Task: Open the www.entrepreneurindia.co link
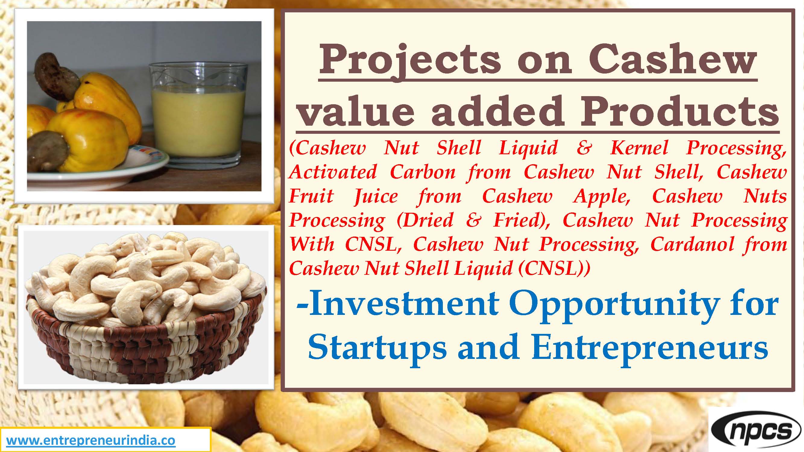[x=91, y=441]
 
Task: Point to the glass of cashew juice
[x=198, y=114]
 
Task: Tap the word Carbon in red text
[x=423, y=172]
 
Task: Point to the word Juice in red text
[x=376, y=196]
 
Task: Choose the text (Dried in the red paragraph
[x=425, y=221]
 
